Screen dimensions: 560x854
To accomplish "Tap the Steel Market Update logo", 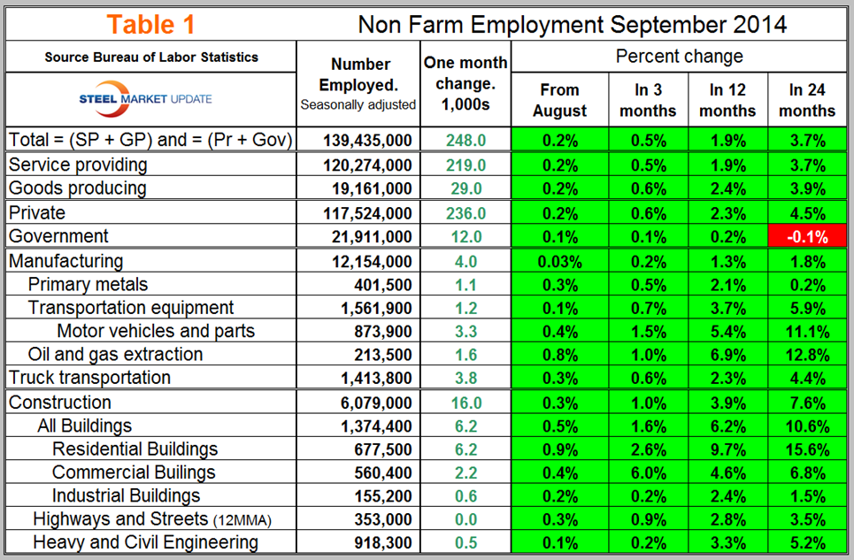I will tap(153, 98).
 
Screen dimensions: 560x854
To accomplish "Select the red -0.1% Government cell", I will tap(807, 237).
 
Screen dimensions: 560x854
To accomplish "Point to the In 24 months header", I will tap(807, 100).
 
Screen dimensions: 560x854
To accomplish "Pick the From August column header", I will tap(559, 100).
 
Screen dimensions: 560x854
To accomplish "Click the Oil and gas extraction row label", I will tap(115, 355).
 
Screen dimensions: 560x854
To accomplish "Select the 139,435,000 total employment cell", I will tap(359, 140).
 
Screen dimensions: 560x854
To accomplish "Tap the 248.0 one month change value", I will tap(465, 140).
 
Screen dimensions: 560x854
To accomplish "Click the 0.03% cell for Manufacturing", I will tap(559, 261).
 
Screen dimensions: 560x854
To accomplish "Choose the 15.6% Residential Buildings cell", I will tap(807, 449).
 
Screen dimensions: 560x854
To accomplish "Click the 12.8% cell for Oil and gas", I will tap(807, 355).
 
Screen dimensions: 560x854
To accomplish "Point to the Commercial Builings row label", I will tap(134, 472).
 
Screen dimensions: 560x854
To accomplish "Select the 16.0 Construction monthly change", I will tap(465, 403).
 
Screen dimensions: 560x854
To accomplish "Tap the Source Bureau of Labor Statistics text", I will tap(152, 58).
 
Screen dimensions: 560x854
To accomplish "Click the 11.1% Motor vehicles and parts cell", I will tap(807, 332).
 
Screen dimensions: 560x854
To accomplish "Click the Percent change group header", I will tap(680, 57).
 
